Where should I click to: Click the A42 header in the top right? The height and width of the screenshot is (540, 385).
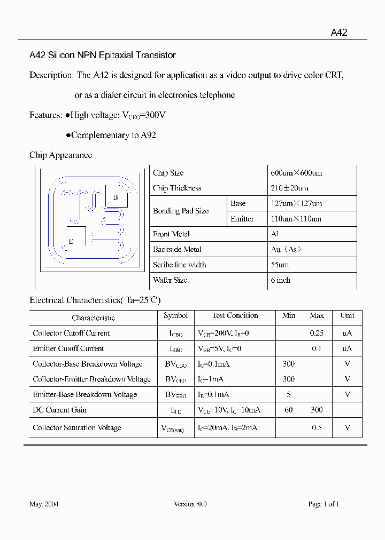[x=339, y=33]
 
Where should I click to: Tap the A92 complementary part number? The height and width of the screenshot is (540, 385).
[x=148, y=135]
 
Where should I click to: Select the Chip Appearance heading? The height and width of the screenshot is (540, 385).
[x=60, y=155]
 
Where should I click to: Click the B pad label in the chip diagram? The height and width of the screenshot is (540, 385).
[x=115, y=197]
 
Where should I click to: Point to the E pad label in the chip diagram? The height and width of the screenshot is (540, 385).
[x=71, y=241]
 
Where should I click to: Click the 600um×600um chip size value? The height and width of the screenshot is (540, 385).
[x=296, y=173]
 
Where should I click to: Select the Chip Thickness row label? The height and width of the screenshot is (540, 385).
[x=177, y=188]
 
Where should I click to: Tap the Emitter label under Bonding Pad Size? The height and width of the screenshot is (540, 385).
[x=242, y=219]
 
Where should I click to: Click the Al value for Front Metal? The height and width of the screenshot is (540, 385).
[x=275, y=234]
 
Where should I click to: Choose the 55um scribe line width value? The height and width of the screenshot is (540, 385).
[x=280, y=265]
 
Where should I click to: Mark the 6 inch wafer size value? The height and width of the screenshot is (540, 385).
[x=280, y=280]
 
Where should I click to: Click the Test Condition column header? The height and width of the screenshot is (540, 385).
[x=235, y=316]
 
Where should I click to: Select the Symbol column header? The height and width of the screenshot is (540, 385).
[x=175, y=316]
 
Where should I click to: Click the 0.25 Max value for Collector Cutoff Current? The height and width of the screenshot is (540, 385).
[x=317, y=333]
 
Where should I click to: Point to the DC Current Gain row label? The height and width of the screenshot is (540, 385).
[x=59, y=410]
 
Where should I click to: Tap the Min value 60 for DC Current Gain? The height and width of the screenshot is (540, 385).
[x=288, y=410]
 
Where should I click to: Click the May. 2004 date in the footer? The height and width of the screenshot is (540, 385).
[x=44, y=504]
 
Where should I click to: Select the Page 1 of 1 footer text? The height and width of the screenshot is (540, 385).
[x=324, y=504]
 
